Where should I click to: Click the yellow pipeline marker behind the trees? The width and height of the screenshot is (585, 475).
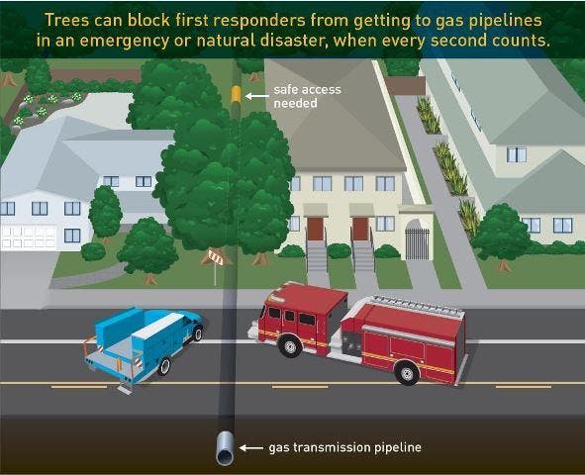point(236,94)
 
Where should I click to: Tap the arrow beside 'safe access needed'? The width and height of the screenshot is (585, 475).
point(256,96)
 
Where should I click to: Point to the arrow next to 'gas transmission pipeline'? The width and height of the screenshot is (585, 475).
point(250,447)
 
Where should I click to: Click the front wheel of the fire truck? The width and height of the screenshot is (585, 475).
point(290,345)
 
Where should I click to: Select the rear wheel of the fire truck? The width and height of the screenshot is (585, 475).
point(406,372)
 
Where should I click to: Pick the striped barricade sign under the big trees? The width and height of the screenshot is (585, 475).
point(215,257)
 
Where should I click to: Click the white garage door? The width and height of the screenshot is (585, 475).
point(29,237)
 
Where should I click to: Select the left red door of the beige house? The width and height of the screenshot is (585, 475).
point(315,229)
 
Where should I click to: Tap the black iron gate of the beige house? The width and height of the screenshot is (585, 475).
point(418,243)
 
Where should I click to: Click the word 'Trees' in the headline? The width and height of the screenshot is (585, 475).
point(66,20)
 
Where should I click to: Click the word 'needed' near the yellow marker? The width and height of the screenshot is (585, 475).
point(295,103)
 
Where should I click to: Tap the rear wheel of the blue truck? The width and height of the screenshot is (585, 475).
point(164,366)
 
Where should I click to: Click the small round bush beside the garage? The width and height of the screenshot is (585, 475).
point(93,251)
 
